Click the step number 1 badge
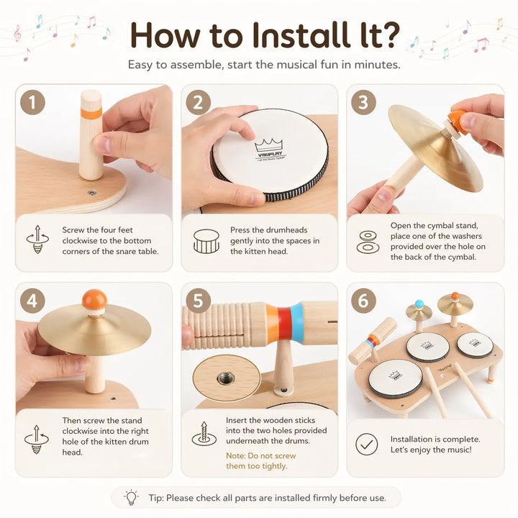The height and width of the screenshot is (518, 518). (32, 102)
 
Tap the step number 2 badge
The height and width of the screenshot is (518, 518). (198, 102)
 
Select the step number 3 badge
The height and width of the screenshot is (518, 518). (363, 102)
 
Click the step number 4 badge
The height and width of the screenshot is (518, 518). (32, 300)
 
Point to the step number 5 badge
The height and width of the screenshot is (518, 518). (198, 300)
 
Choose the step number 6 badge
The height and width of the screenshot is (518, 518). (363, 300)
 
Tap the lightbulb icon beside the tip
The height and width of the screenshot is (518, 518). (131, 497)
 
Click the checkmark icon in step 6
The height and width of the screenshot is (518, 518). (366, 444)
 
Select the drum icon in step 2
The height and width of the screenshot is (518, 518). (206, 242)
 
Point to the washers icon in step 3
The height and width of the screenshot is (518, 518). (366, 242)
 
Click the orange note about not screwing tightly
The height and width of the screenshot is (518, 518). (260, 460)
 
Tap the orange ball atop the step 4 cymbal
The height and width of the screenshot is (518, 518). (94, 299)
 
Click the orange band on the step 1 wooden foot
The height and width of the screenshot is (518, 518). (91, 113)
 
